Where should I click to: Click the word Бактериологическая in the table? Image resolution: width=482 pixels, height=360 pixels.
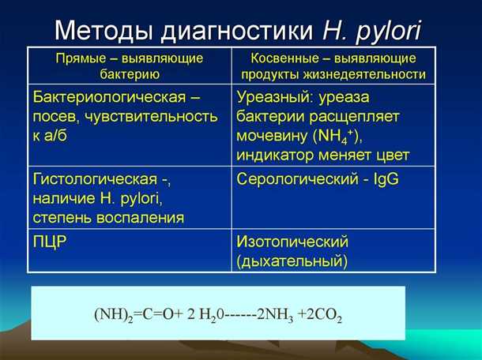click(107, 98)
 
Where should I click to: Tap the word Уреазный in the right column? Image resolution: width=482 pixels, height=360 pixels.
click(273, 98)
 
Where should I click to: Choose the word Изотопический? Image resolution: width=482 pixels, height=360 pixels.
click(292, 242)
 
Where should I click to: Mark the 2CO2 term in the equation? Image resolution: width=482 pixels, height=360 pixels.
click(323, 313)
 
